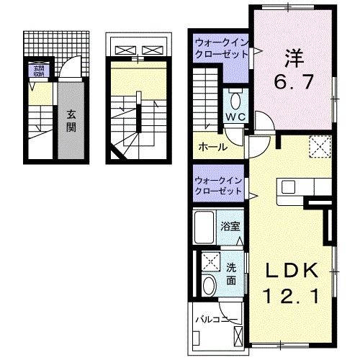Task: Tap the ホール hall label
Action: [213, 147]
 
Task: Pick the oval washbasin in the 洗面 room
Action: [209, 284]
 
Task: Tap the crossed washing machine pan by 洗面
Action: [211, 261]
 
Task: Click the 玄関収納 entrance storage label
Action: [36, 71]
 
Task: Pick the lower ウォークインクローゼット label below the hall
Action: [218, 186]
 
